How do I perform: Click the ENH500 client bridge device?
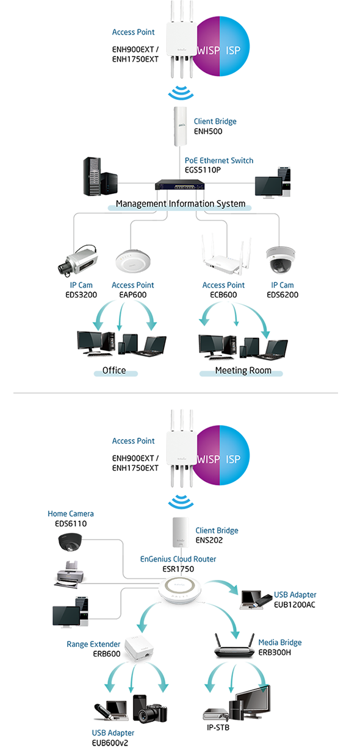pyautogui.click(x=180, y=126)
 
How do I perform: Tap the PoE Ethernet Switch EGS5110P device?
pyautogui.click(x=180, y=185)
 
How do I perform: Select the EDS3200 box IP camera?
pyautogui.click(x=77, y=261)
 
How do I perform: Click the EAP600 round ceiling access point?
pyautogui.click(x=133, y=262)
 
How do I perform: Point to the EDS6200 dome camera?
pyautogui.click(x=281, y=259)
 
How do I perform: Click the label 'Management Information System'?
pyautogui.click(x=181, y=204)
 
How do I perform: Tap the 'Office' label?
pyautogui.click(x=114, y=370)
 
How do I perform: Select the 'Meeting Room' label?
pyautogui.click(x=243, y=370)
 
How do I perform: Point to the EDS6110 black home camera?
pyautogui.click(x=70, y=543)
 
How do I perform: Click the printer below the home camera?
pyautogui.click(x=70, y=574)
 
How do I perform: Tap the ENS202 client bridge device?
pyautogui.click(x=181, y=532)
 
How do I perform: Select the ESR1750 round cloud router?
pyautogui.click(x=180, y=591)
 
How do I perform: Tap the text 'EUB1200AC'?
pyautogui.click(x=295, y=604)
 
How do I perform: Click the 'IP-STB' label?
pyautogui.click(x=218, y=727)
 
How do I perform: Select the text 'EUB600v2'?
pyautogui.click(x=110, y=742)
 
